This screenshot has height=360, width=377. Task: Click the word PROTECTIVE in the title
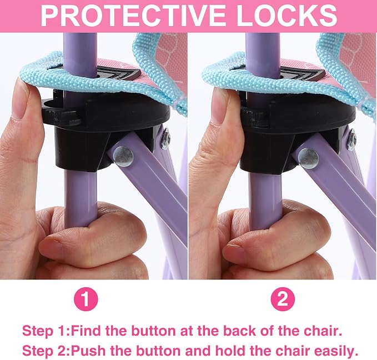(133, 16)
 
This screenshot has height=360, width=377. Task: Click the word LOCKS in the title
(286, 16)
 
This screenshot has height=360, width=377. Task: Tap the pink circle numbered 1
(86, 299)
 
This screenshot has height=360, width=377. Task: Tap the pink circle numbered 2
(283, 299)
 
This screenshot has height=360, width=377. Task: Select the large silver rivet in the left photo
(123, 157)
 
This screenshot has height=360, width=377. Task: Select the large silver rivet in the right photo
(308, 158)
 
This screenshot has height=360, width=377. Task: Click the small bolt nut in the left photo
(165, 139)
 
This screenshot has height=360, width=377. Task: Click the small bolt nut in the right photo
(351, 140)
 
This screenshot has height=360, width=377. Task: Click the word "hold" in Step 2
(230, 351)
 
